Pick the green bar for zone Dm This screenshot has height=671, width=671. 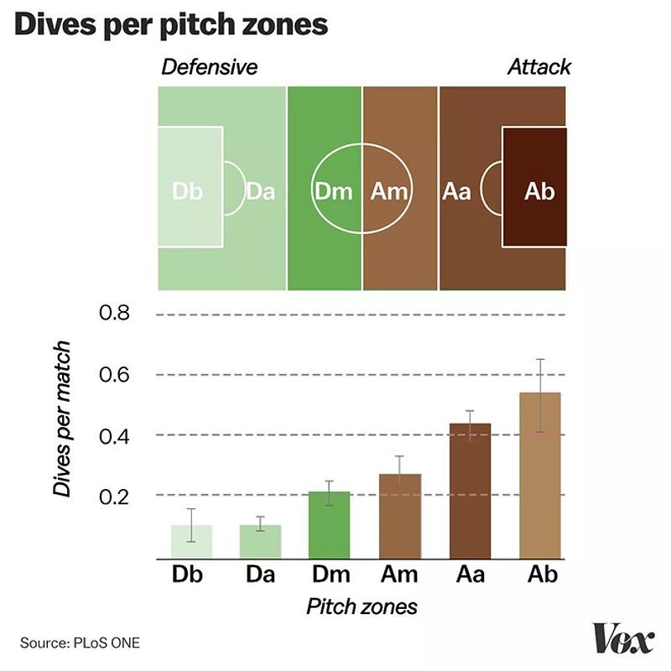(330, 524)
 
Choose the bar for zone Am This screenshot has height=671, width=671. (399, 516)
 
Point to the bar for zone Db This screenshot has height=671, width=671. (190, 542)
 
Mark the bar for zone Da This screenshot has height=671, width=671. (260, 542)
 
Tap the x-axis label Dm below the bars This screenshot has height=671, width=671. (330, 575)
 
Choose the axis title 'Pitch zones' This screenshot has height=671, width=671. (362, 606)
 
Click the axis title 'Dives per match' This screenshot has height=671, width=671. (62, 419)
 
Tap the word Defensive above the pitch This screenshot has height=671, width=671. (210, 67)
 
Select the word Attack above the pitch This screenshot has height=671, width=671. (539, 67)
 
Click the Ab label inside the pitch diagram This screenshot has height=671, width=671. (539, 191)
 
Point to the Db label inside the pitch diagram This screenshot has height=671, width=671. (187, 191)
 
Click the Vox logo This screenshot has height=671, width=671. (622, 641)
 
